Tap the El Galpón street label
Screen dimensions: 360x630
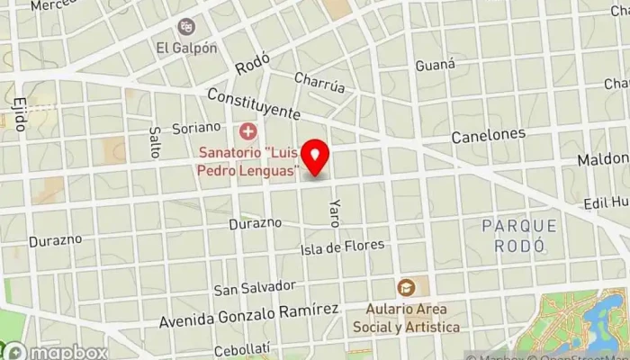[x=186, y=48]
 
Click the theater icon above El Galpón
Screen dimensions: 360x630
[x=186, y=27]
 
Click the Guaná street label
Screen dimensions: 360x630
[x=436, y=66]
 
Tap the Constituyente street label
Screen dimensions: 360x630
[x=252, y=103]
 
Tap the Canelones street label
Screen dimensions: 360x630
[x=488, y=135]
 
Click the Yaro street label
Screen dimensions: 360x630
[x=335, y=212]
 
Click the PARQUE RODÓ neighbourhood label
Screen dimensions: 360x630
[x=518, y=235]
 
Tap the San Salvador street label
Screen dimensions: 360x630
[x=254, y=288]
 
